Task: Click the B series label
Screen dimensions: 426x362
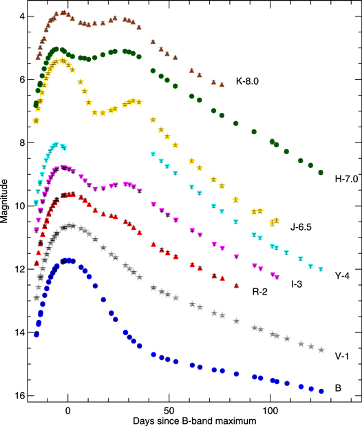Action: [x=338, y=388]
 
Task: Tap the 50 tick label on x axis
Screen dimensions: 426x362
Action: [x=169, y=408]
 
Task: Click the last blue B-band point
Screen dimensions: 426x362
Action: [x=321, y=391]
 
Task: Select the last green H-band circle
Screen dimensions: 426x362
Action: [x=321, y=173]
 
